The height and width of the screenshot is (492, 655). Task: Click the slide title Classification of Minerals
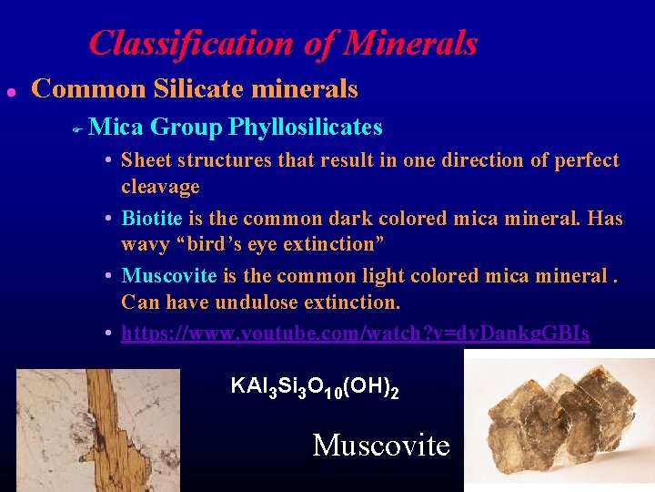coord(283,43)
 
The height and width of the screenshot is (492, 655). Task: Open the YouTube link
coord(355,333)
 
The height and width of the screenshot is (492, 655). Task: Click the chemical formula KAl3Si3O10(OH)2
coord(315,386)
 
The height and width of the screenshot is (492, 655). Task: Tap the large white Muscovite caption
coord(381,445)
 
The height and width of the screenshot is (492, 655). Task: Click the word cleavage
coord(160,187)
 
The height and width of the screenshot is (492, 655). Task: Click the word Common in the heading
coord(88,89)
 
